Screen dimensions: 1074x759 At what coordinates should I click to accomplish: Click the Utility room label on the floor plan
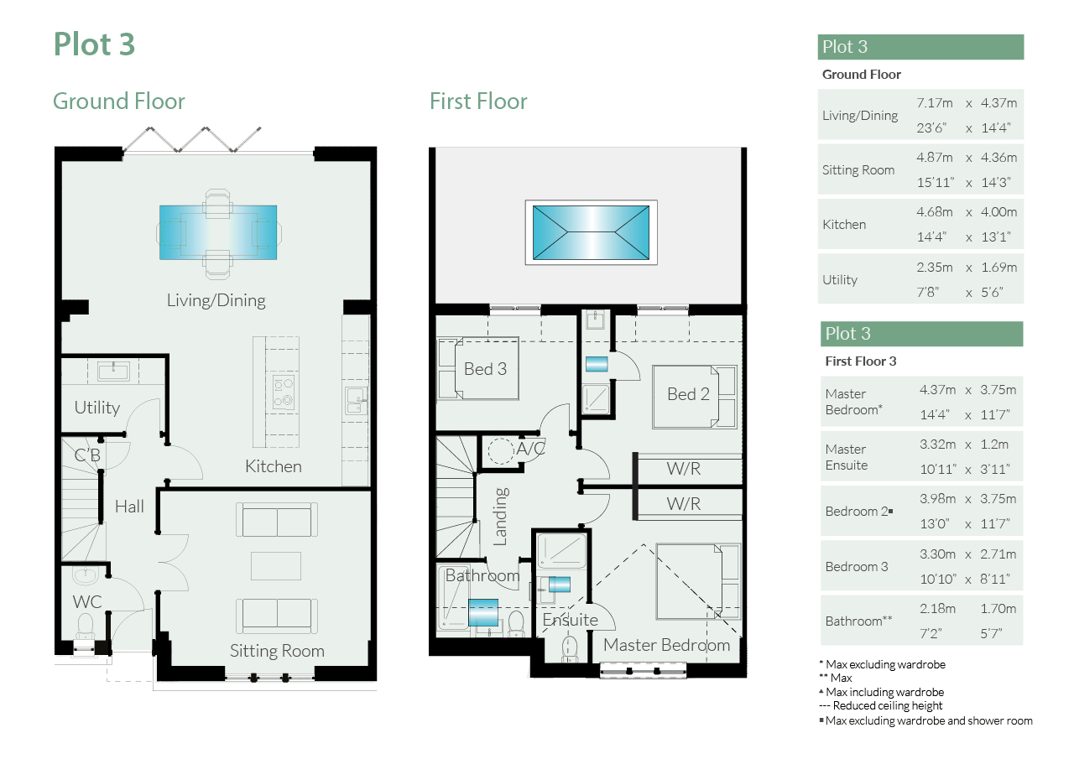tap(96, 408)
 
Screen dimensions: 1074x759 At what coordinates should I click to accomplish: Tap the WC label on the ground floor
tap(86, 602)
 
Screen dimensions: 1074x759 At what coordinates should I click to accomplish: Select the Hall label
tap(129, 507)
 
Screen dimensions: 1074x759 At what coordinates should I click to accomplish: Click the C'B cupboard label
tap(87, 455)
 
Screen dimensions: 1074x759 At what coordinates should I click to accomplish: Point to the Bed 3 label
tap(485, 369)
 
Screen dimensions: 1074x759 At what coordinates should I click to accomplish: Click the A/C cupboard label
tap(530, 449)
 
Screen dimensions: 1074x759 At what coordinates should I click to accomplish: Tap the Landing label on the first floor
tap(501, 517)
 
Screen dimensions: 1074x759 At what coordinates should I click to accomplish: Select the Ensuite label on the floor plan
tap(570, 620)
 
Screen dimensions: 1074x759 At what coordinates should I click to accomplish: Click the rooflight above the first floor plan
tap(592, 233)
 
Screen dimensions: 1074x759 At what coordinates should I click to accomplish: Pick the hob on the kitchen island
tap(283, 392)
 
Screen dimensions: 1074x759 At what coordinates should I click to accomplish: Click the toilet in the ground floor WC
tap(86, 626)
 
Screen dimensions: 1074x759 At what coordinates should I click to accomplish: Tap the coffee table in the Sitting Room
tap(276, 566)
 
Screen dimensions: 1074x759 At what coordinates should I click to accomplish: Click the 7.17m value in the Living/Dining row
tap(935, 103)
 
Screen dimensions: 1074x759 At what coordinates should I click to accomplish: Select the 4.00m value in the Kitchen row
tap(998, 212)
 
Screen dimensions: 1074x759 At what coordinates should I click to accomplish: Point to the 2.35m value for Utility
tap(935, 268)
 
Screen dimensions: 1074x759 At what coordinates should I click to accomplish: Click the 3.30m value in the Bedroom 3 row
tap(937, 554)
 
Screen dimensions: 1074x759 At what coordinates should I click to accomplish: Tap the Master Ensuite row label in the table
tap(847, 457)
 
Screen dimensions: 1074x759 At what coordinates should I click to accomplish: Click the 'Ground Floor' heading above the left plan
tap(118, 101)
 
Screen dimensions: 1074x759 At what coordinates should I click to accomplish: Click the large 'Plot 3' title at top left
tap(94, 44)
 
